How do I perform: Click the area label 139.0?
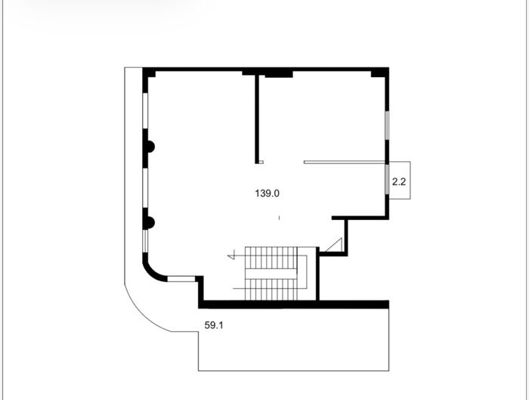[268, 194]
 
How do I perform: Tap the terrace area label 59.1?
[214, 325]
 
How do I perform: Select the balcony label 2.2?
[399, 182]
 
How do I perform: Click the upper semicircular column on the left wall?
[150, 147]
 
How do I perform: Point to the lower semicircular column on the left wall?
[150, 222]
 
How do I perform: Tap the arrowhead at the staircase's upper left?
[231, 254]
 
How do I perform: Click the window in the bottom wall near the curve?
[181, 279]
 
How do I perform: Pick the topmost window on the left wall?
[145, 110]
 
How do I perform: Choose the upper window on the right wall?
[387, 125]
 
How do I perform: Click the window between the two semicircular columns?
[145, 188]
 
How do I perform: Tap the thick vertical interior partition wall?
[257, 118]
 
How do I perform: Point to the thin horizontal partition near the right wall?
[345, 163]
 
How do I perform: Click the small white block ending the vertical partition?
[261, 162]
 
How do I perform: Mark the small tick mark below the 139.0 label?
[279, 218]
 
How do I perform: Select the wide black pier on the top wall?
[279, 73]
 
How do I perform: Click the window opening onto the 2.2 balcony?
[387, 179]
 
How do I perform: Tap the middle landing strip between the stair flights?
[271, 274]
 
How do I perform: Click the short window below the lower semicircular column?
[145, 241]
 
